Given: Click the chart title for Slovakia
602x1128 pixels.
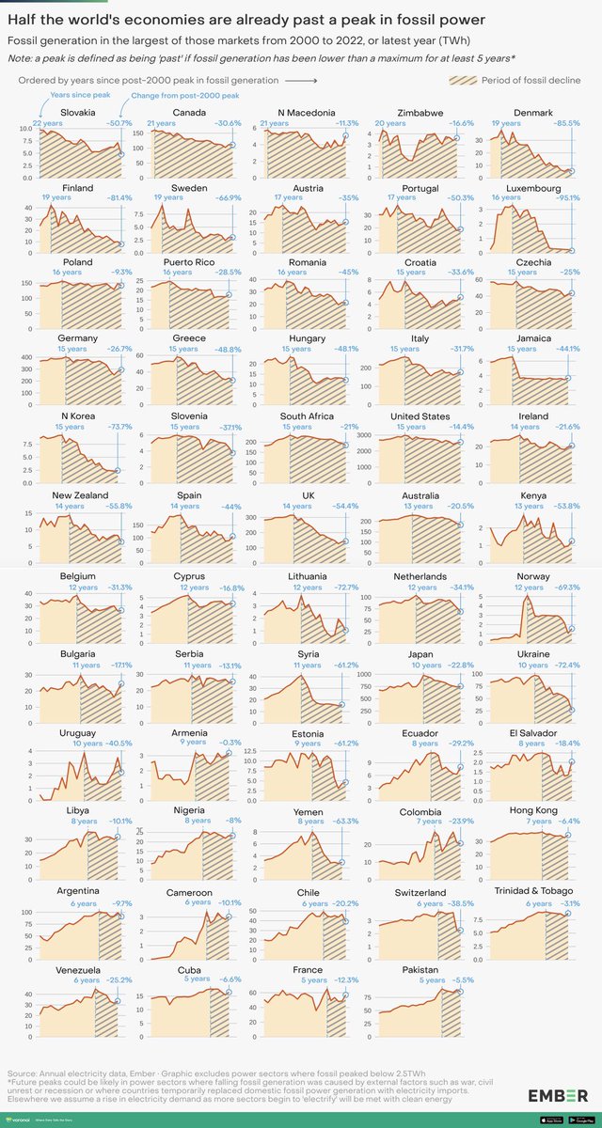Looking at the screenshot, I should tap(77, 113).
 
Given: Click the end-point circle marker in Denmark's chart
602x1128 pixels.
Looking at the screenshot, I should tap(571, 171).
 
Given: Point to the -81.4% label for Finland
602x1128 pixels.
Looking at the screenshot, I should tap(105, 198).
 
